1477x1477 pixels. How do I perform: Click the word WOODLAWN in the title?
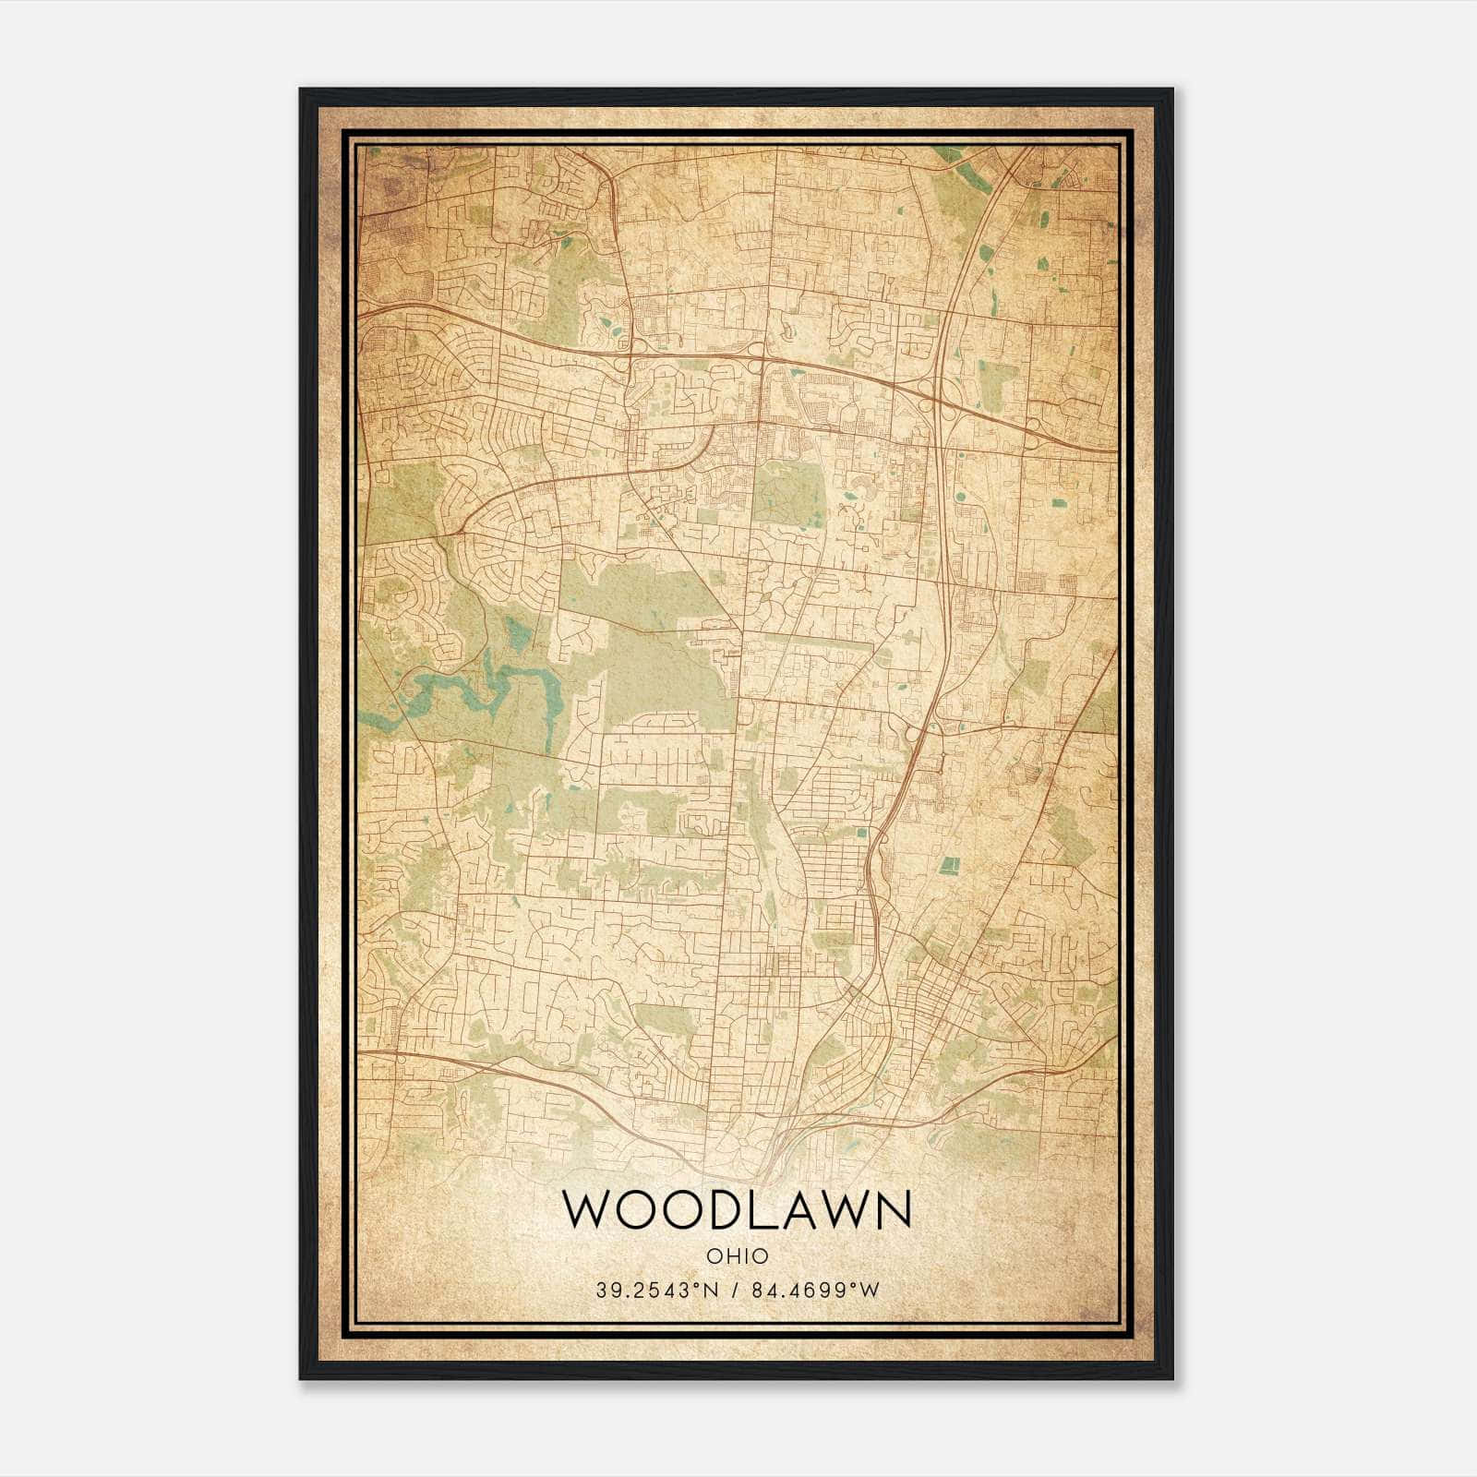[x=737, y=1209]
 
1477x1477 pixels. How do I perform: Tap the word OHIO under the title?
[x=737, y=1256]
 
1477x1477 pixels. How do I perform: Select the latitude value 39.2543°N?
[x=656, y=1291]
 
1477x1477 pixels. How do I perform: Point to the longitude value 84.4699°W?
[x=813, y=1291]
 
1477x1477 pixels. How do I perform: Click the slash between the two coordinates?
[x=734, y=1291]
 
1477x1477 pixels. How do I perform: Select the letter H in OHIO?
[x=727, y=1256]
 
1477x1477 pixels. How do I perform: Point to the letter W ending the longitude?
[x=870, y=1291]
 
